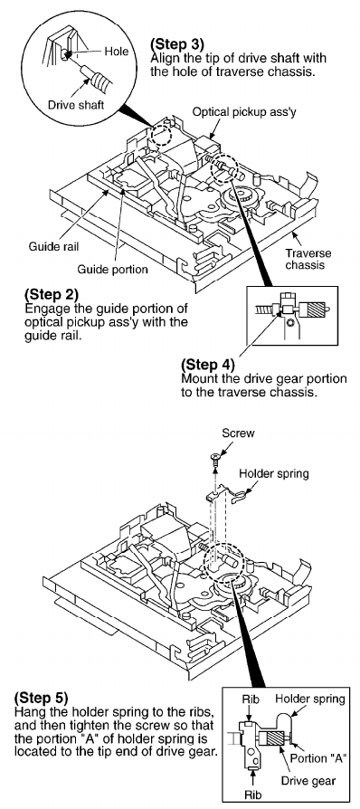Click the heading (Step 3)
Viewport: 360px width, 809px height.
pyautogui.click(x=176, y=43)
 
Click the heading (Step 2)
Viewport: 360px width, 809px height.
pyautogui.click(x=51, y=295)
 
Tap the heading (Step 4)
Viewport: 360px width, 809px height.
pyautogui.click(x=208, y=365)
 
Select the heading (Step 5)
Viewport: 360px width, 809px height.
pyautogui.click(x=41, y=699)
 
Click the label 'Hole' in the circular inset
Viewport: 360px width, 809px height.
pyautogui.click(x=116, y=51)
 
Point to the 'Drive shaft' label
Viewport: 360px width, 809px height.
pyautogui.click(x=76, y=105)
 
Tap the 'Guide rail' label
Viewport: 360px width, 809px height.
pyautogui.click(x=53, y=247)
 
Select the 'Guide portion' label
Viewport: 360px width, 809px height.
pyautogui.click(x=112, y=269)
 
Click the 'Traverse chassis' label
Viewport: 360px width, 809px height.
pyautogui.click(x=308, y=259)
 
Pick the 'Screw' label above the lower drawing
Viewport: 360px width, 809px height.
pyautogui.click(x=238, y=433)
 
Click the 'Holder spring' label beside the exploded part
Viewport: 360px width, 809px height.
pyautogui.click(x=274, y=473)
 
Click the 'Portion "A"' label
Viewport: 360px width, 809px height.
pyautogui.click(x=318, y=759)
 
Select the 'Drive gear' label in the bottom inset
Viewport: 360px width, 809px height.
pyautogui.click(x=305, y=780)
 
